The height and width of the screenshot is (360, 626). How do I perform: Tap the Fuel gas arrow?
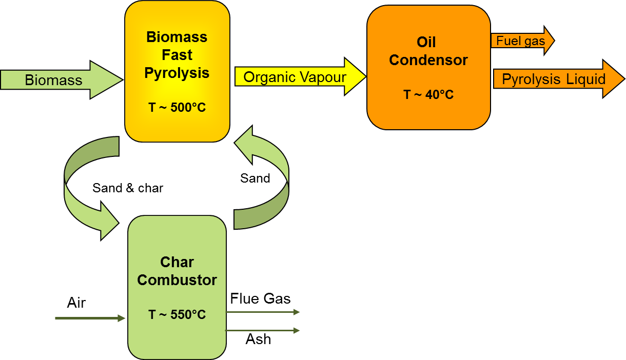point(521,41)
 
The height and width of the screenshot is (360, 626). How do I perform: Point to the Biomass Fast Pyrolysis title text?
point(177,55)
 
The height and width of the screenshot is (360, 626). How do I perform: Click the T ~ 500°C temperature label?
point(177,108)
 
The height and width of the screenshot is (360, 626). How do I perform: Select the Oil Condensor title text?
point(428,51)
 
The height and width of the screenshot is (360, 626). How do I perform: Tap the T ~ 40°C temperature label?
point(428,95)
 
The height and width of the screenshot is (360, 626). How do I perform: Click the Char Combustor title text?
point(177,271)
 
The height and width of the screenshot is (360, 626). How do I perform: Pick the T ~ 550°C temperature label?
point(177,315)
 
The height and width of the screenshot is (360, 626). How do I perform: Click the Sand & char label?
point(128,188)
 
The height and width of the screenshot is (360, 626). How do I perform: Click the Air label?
point(76,303)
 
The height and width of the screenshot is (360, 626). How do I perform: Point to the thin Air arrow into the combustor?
point(90,318)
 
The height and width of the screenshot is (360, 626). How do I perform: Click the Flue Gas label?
point(260,298)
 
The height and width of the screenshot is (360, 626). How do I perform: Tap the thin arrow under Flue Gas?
point(262,312)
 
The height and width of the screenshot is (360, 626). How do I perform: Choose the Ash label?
point(258,339)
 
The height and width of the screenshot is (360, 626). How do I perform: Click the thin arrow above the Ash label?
point(262,331)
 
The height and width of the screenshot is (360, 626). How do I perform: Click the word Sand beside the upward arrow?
point(255,178)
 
